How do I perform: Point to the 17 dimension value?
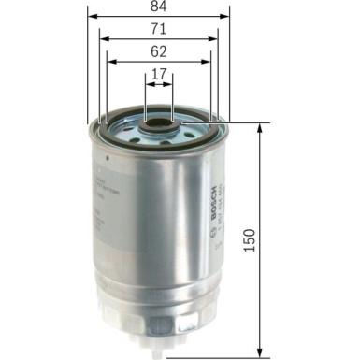(159, 76)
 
